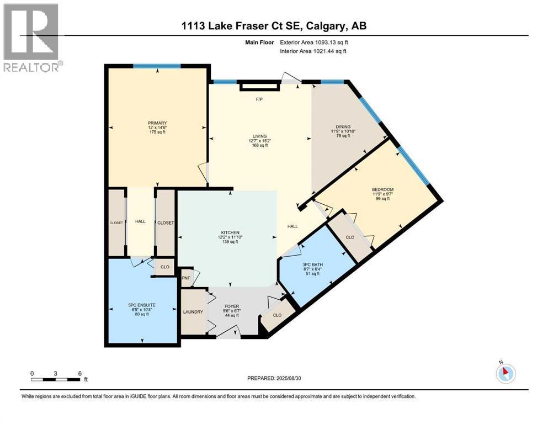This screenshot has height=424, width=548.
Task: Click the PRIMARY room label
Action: coord(157,123)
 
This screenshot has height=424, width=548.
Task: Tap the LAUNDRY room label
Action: coord(193,312)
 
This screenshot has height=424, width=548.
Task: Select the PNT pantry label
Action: coord(186,278)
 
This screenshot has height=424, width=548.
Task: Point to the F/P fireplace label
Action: coord(258,100)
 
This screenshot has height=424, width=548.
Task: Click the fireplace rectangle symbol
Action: coord(259,86)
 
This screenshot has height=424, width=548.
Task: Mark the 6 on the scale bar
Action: coord(80,373)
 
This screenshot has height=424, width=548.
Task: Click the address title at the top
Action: coord(274,25)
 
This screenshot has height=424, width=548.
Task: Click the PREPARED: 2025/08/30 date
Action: coord(274,378)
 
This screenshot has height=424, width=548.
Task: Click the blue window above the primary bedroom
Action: coord(157,66)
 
